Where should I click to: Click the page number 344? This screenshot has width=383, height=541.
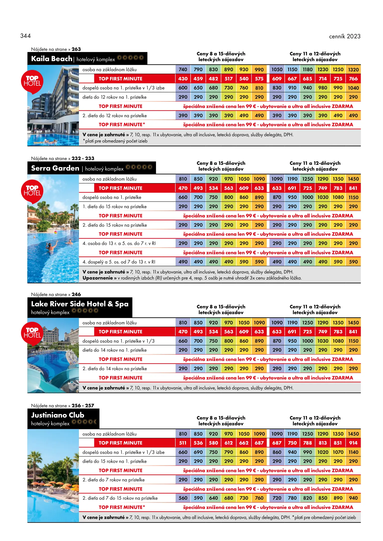coord(26,36)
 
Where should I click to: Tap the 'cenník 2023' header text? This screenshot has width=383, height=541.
coord(345,36)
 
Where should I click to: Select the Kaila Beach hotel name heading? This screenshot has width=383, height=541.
coord(52,59)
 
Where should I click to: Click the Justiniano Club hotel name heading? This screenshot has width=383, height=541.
coord(58,415)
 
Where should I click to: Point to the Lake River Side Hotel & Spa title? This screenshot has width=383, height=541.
coord(80,304)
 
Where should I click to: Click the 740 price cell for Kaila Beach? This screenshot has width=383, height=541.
coord(183,70)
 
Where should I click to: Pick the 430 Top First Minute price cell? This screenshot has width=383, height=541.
coord(183,79)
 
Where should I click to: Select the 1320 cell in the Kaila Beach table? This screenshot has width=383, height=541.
coord(353,70)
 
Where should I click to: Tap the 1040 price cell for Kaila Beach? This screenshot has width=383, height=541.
coord(353,88)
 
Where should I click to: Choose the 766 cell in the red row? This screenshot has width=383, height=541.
coord(353,79)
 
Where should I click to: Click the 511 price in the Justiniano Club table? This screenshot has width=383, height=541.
coord(183,443)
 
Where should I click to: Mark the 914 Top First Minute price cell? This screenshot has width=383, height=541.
coord(353,443)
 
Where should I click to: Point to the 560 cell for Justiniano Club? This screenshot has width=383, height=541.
coord(183,498)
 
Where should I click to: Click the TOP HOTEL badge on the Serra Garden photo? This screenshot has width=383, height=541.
coord(32,191)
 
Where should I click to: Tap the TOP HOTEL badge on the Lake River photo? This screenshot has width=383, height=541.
coord(32,333)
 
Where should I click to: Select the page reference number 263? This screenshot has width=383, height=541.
coord(76,49)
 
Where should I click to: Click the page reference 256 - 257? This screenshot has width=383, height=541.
coord(83,405)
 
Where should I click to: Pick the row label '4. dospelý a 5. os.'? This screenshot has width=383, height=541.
coord(119,262)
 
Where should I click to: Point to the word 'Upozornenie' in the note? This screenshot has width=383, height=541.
coord(97,278)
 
